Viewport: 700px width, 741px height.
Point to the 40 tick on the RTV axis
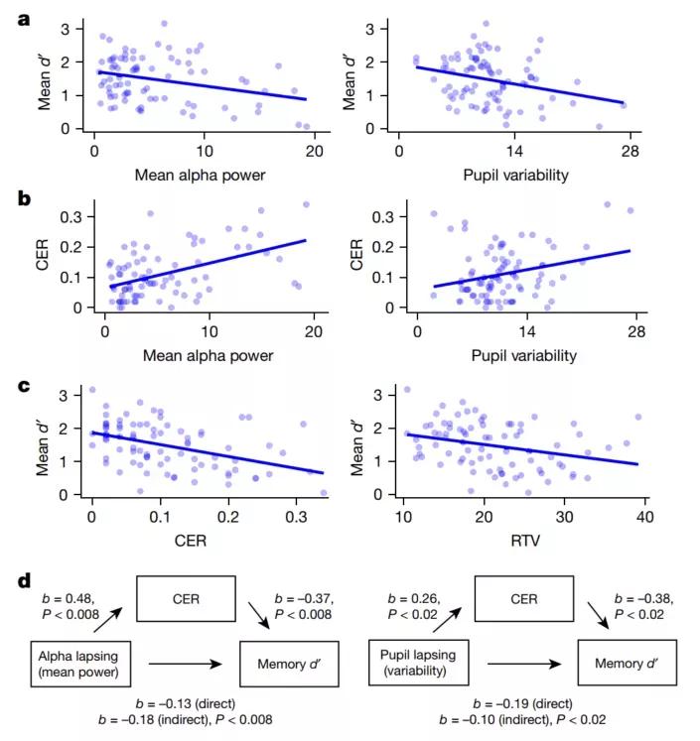click(x=643, y=519)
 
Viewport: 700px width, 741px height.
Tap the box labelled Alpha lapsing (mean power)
click(x=76, y=665)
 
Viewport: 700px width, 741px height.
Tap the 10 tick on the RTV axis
click(x=404, y=519)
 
